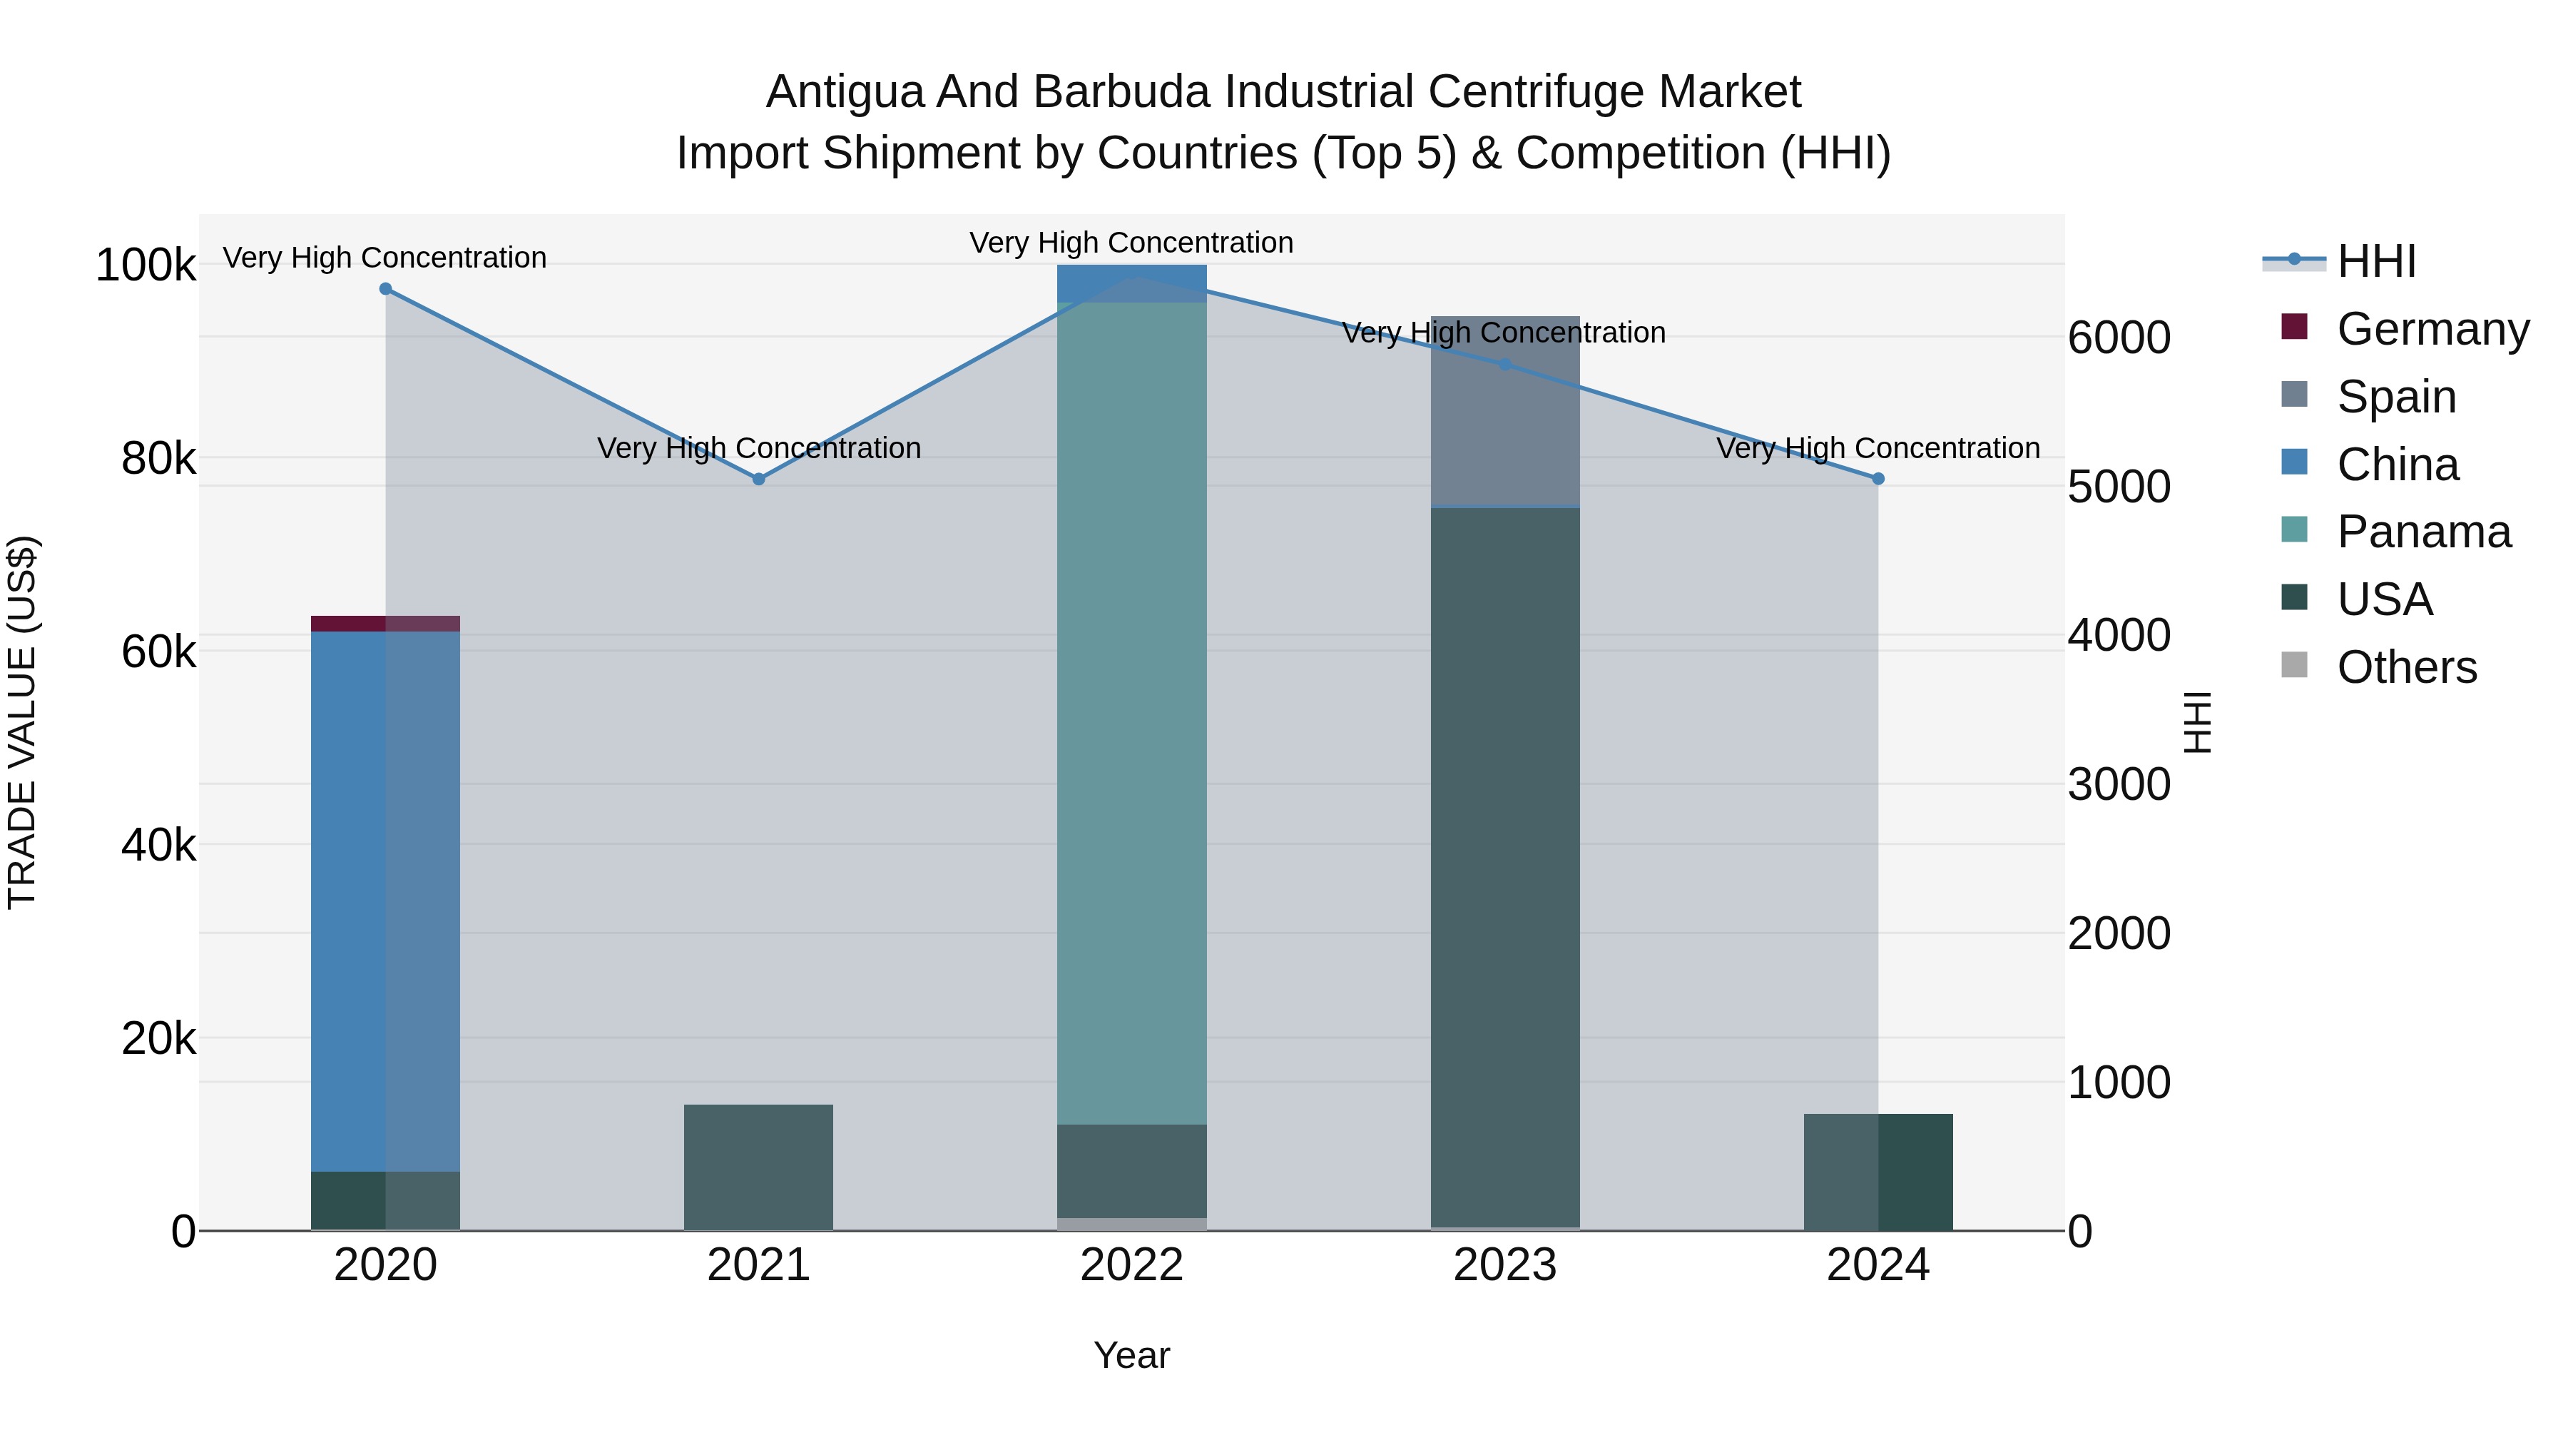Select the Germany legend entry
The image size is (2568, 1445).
2432,329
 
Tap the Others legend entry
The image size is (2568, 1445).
2407,667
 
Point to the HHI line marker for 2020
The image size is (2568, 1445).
386,289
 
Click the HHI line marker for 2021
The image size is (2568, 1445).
759,480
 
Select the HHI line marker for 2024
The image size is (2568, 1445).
1878,480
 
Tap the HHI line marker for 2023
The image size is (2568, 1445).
1505,365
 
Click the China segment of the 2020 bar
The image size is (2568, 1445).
386,898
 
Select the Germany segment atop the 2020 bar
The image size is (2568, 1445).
386,623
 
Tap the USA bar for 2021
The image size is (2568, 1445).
759,1167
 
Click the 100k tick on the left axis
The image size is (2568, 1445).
146,266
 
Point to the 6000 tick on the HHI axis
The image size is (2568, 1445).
2119,338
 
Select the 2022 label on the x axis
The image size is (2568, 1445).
1131,1265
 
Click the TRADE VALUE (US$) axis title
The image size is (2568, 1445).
22,722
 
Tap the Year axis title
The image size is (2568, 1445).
1131,1355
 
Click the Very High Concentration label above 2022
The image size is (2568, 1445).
1131,243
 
